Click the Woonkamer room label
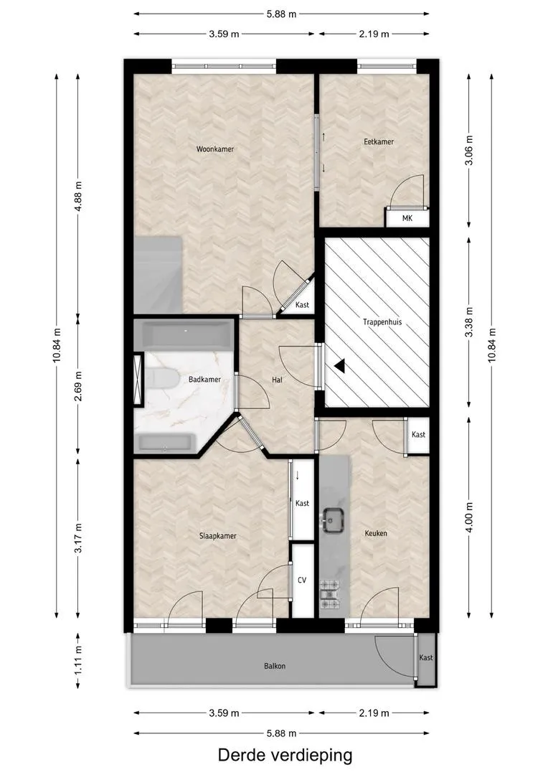[x=215, y=149]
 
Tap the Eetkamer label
[x=379, y=142]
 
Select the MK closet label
[x=407, y=218]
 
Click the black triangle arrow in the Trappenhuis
[x=339, y=365]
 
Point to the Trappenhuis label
[x=382, y=322]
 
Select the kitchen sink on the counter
[x=334, y=521]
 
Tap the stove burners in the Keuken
[x=331, y=594]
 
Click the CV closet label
[x=302, y=580]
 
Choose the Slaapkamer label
[x=218, y=536]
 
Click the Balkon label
[x=275, y=666]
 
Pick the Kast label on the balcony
[x=426, y=657]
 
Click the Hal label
[x=277, y=380]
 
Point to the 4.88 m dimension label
[x=78, y=196]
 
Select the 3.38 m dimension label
[x=469, y=322]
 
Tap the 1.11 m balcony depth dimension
[x=78, y=661]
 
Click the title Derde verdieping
[x=285, y=755]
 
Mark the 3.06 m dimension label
[x=469, y=150]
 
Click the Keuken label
[x=376, y=533]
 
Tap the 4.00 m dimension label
[x=469, y=517]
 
